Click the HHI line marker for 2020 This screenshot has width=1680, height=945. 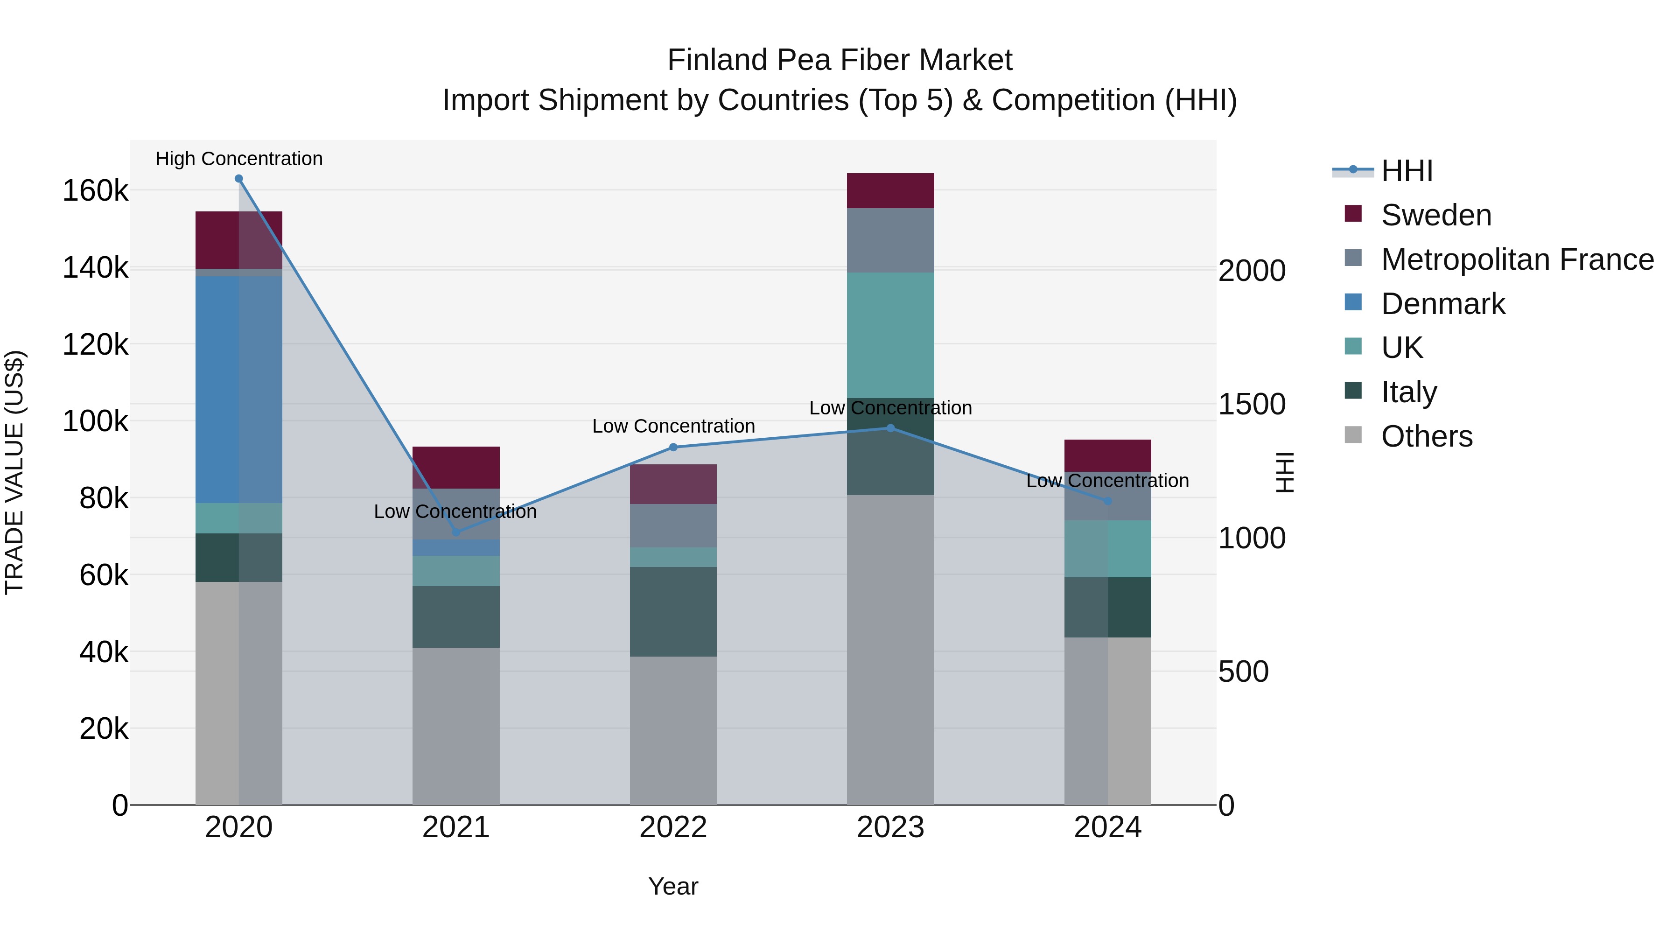tap(238, 179)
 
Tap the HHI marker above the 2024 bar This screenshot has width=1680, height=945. tap(1107, 501)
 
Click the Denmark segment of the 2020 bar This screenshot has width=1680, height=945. tap(238, 389)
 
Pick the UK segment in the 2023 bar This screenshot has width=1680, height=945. tap(890, 335)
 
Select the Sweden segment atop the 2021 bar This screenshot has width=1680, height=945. tap(456, 468)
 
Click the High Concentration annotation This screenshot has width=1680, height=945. tap(238, 159)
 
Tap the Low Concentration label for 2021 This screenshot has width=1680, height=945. tap(455, 511)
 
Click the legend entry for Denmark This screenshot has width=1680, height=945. tap(1442, 304)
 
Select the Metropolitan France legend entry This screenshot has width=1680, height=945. tap(1517, 259)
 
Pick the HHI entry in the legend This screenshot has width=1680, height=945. tap(1406, 171)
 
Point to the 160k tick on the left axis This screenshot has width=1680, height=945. tap(95, 191)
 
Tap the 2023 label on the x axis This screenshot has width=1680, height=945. tap(890, 827)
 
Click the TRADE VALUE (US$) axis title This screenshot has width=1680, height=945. tap(14, 472)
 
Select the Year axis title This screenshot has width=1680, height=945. tap(673, 886)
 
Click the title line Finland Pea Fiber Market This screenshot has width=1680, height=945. tap(840, 60)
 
